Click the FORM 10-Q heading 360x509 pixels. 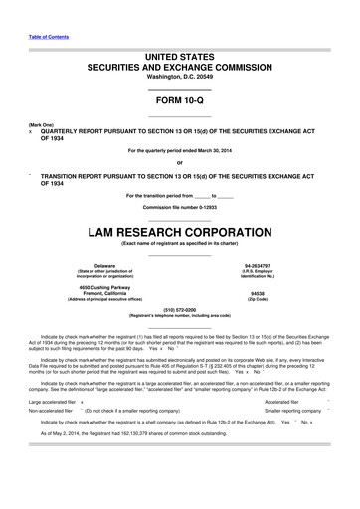(x=179, y=103)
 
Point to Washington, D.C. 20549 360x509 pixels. (x=179, y=76)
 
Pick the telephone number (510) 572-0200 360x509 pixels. (x=179, y=310)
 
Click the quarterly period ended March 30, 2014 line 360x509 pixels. (x=179, y=151)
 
